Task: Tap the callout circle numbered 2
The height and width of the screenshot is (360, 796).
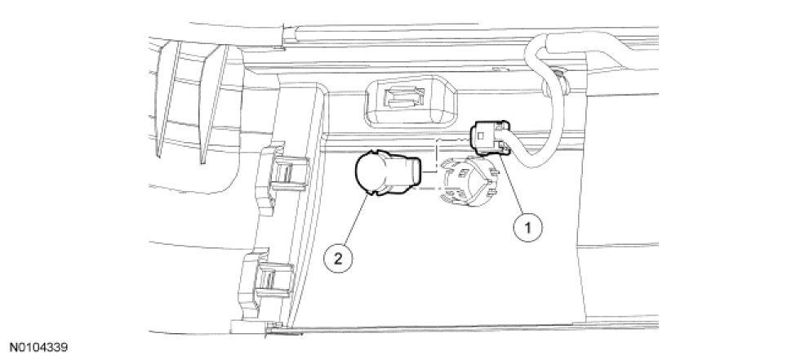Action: pos(338,260)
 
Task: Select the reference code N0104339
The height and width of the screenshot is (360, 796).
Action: pos(42,347)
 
